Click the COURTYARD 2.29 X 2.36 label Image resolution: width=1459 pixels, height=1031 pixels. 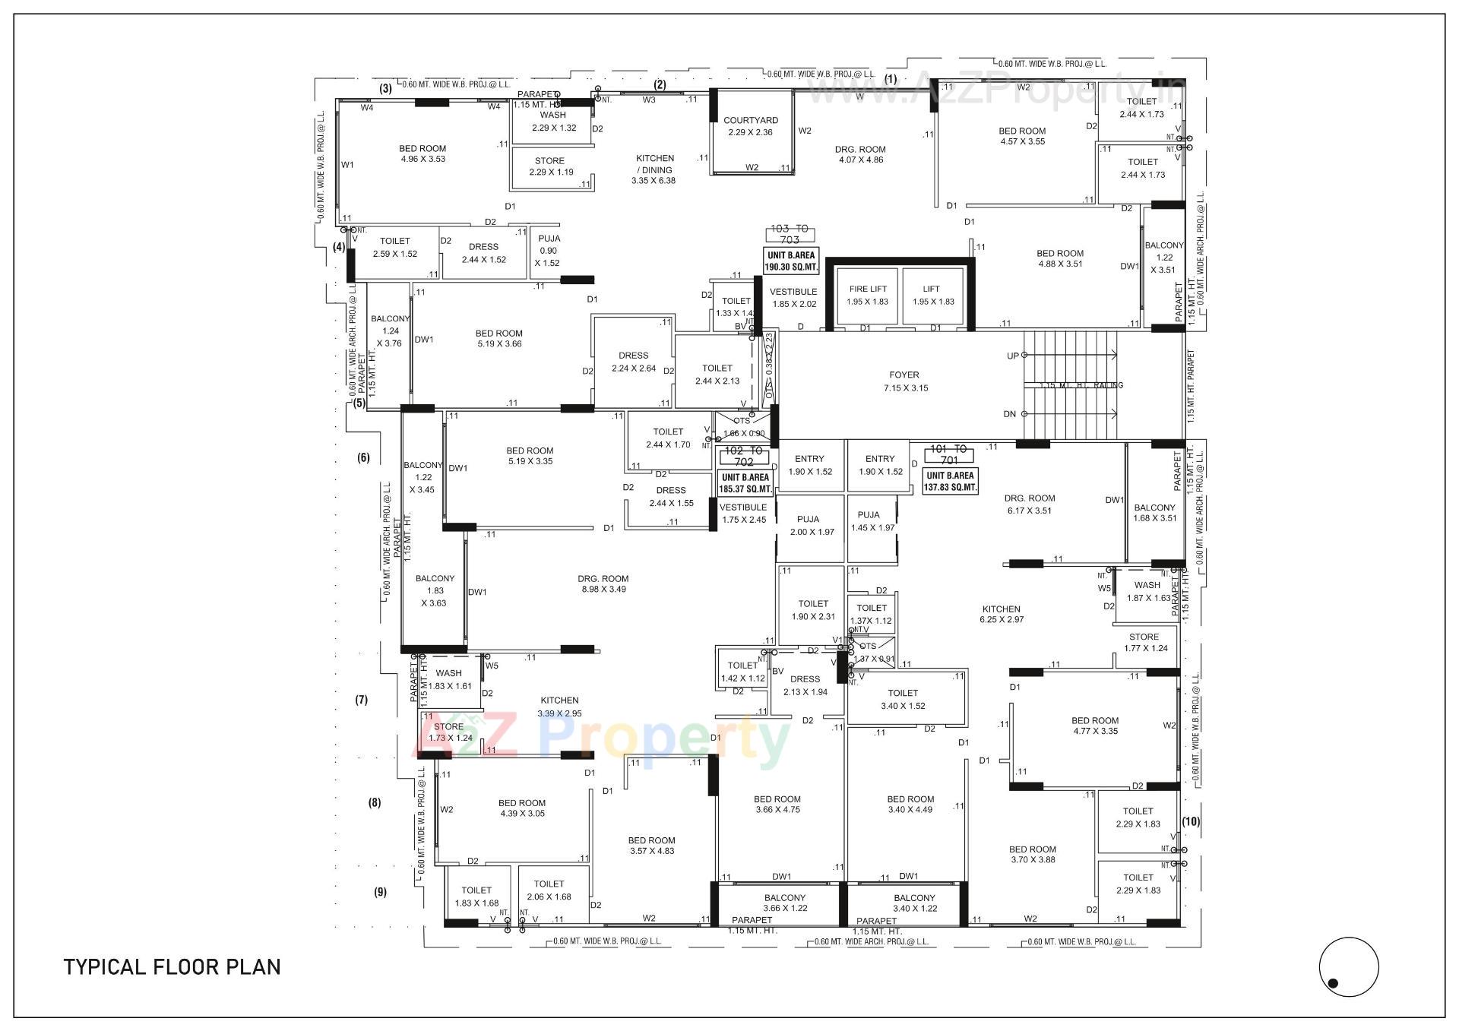point(750,126)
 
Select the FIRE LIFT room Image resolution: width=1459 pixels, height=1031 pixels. point(868,295)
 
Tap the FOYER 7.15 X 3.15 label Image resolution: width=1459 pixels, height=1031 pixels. point(904,381)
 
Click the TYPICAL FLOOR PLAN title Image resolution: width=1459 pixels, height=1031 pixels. point(172,967)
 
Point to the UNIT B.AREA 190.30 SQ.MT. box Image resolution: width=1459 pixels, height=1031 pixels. point(792,261)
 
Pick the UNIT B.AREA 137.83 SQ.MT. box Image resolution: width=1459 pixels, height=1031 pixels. point(950,482)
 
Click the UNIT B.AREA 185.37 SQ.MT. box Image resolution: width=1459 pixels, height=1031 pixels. point(746,483)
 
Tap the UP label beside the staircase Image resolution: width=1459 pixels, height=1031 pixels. point(1013,356)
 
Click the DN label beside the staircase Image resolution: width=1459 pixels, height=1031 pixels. point(1010,414)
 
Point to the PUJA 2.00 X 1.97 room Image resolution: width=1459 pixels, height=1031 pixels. point(811,526)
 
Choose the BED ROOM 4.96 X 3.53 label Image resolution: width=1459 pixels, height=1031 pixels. point(423,153)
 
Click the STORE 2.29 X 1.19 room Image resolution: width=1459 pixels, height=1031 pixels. point(550,166)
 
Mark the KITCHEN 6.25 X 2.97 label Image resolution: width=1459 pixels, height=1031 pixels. point(1001,614)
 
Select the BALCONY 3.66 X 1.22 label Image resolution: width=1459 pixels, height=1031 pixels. point(785,903)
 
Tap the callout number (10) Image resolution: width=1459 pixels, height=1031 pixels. point(1190,821)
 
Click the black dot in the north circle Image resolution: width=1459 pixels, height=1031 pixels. point(1333,983)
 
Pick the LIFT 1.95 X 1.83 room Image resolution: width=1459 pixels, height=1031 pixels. point(932,295)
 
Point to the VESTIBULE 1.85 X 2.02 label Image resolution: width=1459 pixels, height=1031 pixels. point(793,298)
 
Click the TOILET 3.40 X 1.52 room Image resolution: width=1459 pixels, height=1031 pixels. point(903,699)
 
